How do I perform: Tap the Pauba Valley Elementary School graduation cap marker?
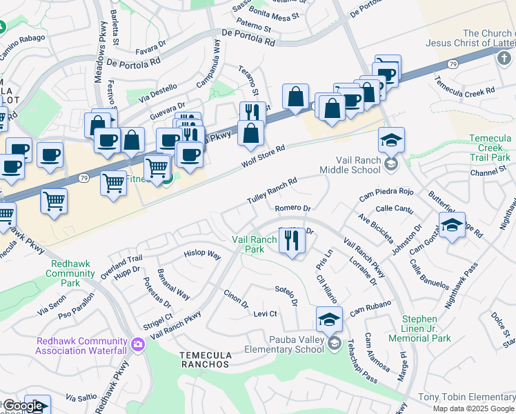330,319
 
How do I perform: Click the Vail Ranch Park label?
254,244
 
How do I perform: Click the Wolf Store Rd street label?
264,157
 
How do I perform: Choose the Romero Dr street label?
293,208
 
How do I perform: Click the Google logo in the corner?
22,406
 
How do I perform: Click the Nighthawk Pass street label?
461,282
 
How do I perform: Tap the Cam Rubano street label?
370,308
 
